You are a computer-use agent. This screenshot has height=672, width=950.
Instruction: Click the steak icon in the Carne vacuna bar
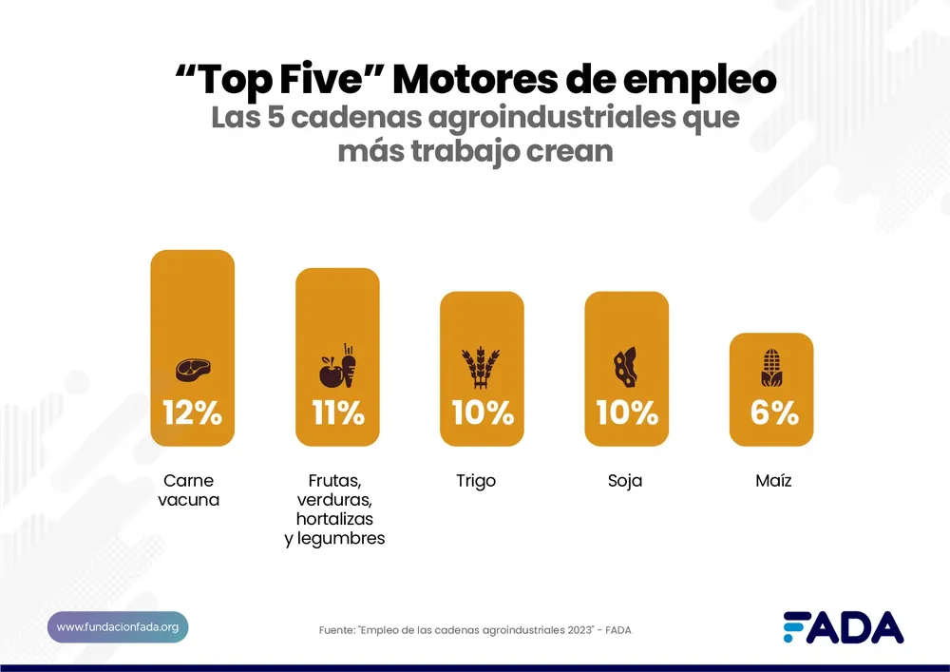[x=193, y=369]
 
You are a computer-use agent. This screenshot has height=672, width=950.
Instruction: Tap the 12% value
[x=192, y=413]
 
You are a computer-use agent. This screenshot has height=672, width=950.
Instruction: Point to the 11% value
[x=337, y=413]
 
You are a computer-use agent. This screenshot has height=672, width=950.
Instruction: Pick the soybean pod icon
[x=625, y=368]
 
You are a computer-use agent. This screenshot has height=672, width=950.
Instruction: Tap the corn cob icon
[x=770, y=368]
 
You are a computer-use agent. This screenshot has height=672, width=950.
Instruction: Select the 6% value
[x=771, y=413]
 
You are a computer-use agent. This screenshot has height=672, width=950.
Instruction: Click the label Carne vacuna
[x=188, y=490]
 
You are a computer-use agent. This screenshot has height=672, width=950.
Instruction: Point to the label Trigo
[x=476, y=481]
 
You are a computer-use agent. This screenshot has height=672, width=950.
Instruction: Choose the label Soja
[x=625, y=481]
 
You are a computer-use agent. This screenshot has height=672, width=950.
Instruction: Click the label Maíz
[x=772, y=481]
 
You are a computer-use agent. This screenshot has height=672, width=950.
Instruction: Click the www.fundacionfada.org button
[x=118, y=627]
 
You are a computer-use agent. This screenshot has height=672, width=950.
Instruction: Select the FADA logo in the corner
[x=843, y=627]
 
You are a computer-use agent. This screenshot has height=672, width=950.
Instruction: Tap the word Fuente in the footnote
[x=337, y=630]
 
